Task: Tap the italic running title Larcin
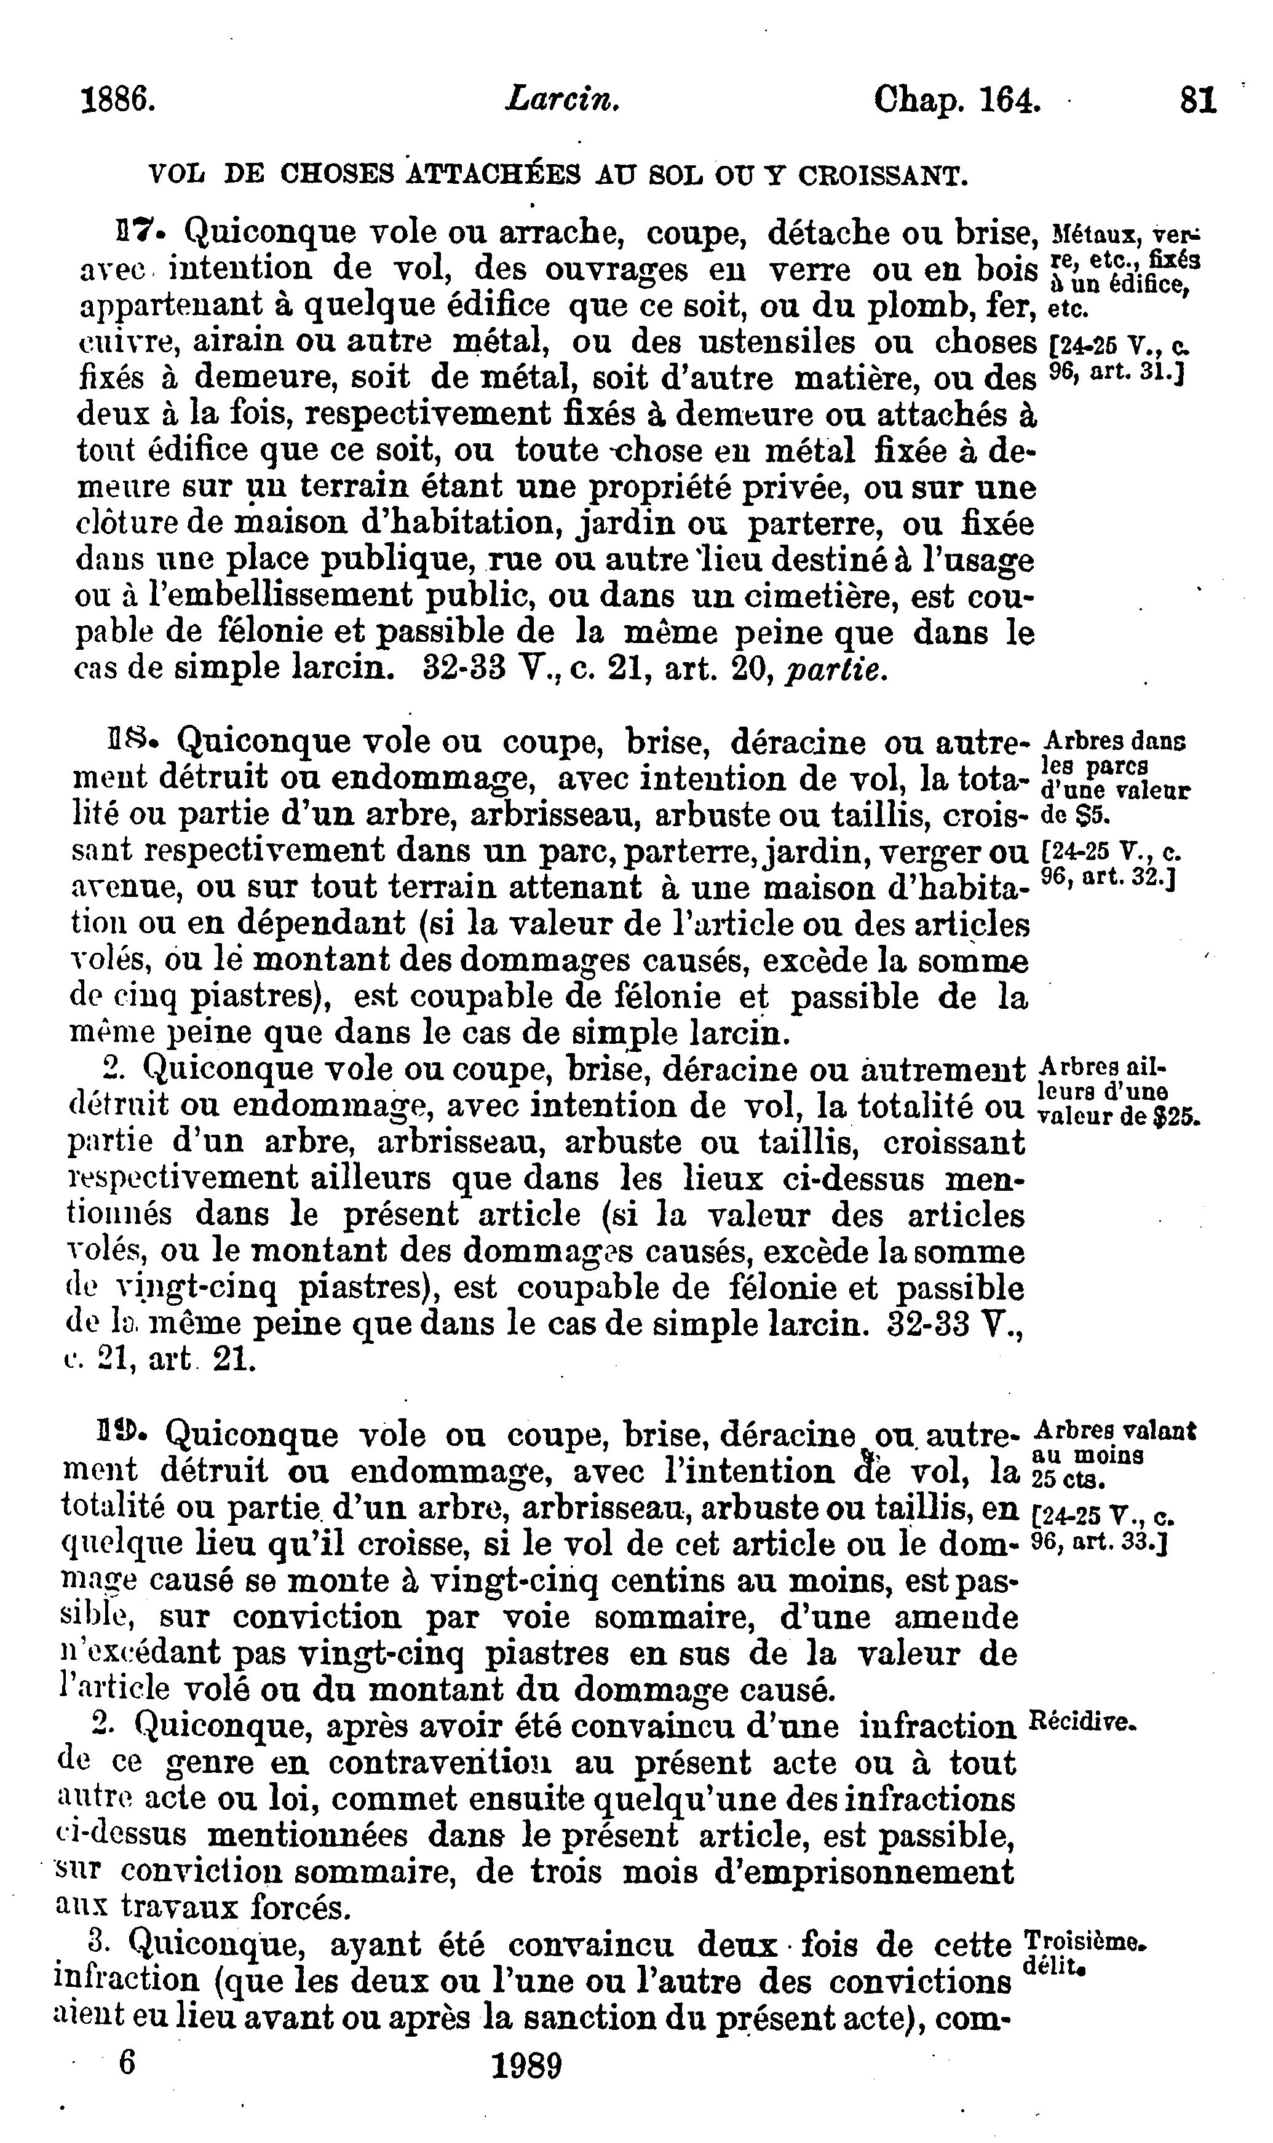[x=562, y=101]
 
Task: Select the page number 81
[x=1199, y=101]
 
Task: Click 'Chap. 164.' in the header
[x=958, y=101]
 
